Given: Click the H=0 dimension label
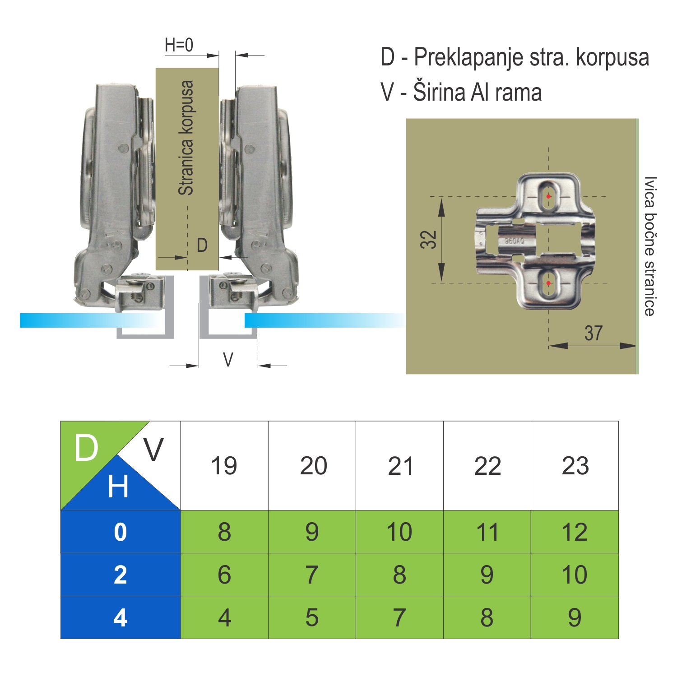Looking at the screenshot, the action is [x=179, y=45].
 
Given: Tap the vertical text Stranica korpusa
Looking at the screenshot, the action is [x=186, y=138].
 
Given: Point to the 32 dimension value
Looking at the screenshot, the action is [x=429, y=239].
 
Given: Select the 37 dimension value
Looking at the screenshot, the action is [x=594, y=333].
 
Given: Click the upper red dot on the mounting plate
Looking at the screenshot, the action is [x=548, y=196].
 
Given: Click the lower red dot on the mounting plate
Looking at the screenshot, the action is [x=548, y=283].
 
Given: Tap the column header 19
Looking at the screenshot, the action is [x=224, y=466].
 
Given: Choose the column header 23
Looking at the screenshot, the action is [x=575, y=466].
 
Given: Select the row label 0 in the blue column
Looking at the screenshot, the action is [x=121, y=532].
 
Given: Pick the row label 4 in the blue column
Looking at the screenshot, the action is [x=121, y=617].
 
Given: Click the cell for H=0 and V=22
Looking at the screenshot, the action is [x=487, y=532].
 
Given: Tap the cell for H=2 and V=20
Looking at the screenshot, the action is [x=312, y=575].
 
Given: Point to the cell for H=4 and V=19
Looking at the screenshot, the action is [x=224, y=617].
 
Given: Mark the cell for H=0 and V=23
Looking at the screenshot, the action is [x=575, y=532].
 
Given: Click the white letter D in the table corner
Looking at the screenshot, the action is [x=86, y=448].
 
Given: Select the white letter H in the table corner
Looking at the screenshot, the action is [x=118, y=487].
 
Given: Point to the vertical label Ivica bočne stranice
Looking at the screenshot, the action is [x=649, y=246].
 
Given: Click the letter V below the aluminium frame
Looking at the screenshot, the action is [x=228, y=360].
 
